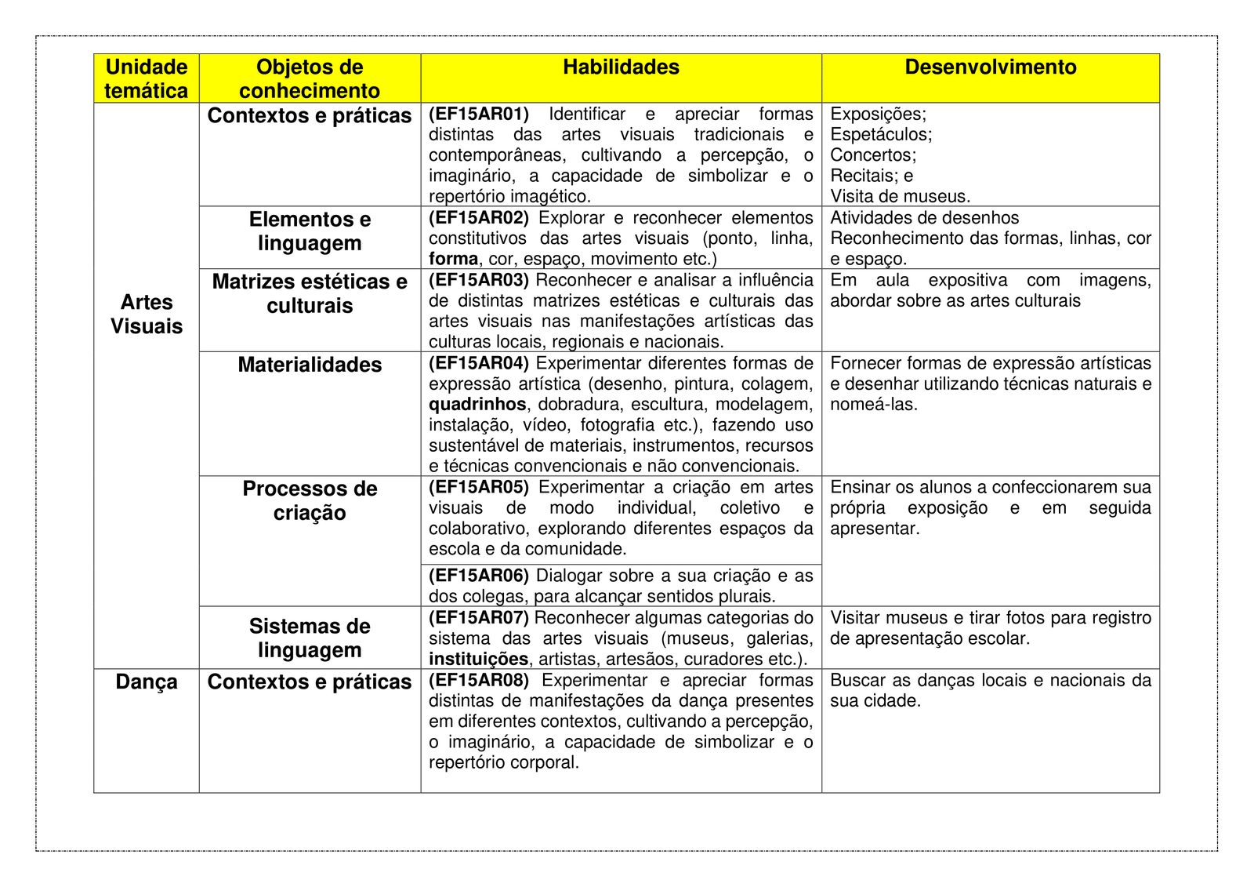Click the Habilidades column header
pos(621,67)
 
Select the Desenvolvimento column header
pos(990,67)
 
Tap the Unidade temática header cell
pos(147,78)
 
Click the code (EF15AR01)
pos(478,115)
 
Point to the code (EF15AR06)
pos(478,576)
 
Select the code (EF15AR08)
pos(478,681)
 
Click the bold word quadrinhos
pos(477,405)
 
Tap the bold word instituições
pos(478,660)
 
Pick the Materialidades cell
pos(310,365)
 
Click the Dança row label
pos(147,682)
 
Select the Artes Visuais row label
pos(147,314)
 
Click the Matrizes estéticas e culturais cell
pos(310,293)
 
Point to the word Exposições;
pos(878,115)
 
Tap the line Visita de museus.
pos(900,197)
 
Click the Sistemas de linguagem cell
pos(310,638)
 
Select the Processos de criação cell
pos(310,500)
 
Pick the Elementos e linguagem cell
pos(310,231)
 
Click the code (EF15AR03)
pos(478,281)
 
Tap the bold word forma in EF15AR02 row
pos(453,260)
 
